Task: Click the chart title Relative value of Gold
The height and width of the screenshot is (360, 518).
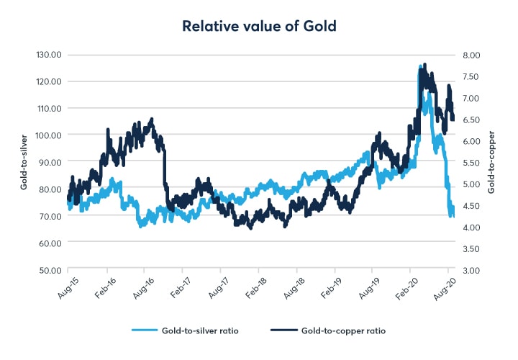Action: pyautogui.click(x=259, y=27)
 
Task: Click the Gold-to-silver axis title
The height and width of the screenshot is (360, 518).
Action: pyautogui.click(x=24, y=162)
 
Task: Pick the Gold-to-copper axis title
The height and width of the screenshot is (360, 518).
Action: pyautogui.click(x=492, y=162)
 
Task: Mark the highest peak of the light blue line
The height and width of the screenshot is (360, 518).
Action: pyautogui.click(x=419, y=66)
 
